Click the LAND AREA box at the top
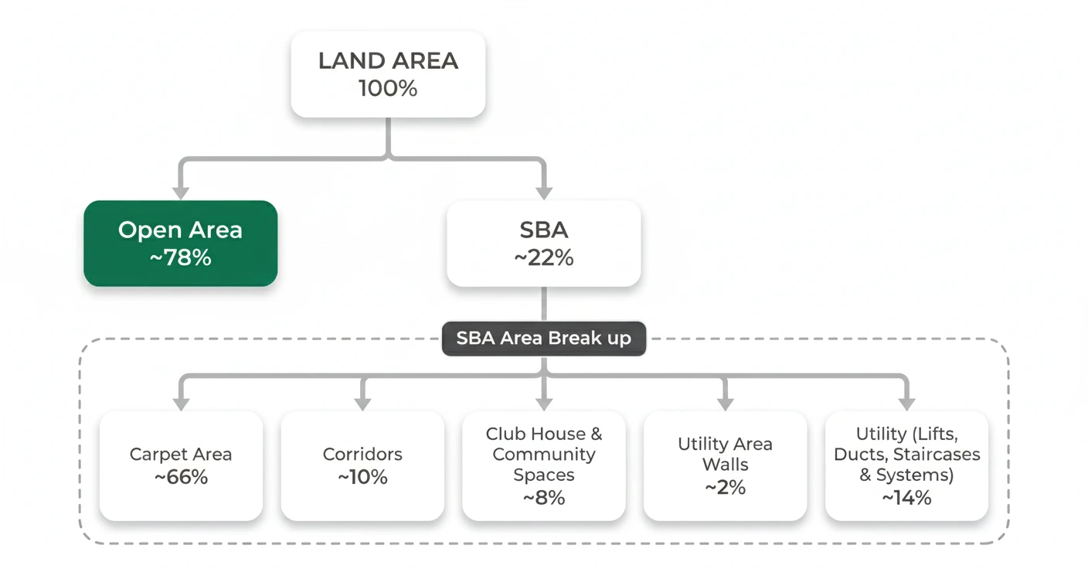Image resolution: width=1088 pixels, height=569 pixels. click(388, 74)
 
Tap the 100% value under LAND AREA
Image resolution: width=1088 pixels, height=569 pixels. click(388, 89)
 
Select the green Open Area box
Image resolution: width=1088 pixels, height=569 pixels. click(180, 244)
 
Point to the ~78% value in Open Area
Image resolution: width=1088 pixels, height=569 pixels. click(180, 258)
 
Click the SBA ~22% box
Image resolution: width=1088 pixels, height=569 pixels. click(543, 244)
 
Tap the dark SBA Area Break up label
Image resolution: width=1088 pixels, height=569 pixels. click(543, 339)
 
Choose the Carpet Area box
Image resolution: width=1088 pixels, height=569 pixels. click(181, 465)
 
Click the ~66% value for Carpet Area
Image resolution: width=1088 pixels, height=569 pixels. click(181, 478)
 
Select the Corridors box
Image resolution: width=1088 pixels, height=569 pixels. click(362, 465)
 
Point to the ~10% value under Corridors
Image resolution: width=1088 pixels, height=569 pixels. click(362, 478)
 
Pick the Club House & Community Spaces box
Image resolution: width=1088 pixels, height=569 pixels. click(543, 465)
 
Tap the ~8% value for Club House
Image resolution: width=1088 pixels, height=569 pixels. click(543, 498)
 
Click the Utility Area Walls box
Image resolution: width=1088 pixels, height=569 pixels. click(725, 465)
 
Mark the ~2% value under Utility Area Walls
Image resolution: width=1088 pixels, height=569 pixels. click(725, 488)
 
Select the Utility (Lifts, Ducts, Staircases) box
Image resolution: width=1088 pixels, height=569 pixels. click(906, 465)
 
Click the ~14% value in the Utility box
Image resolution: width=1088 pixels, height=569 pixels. click(906, 498)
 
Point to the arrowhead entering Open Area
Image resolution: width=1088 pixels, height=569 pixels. click(180, 191)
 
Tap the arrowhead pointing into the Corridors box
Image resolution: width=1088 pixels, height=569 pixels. click(362, 403)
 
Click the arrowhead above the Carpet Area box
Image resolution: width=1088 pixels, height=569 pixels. click(181, 403)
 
